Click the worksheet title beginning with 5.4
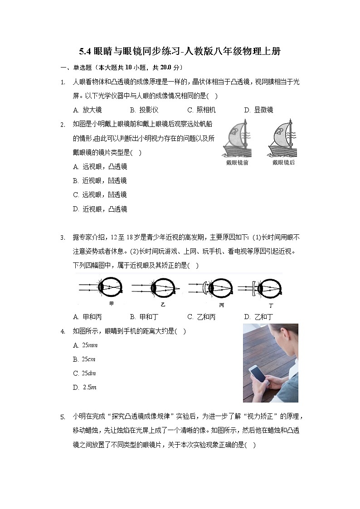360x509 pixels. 180,52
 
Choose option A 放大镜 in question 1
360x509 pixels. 87,110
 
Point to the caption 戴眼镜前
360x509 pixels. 237,162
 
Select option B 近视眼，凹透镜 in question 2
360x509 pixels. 100,180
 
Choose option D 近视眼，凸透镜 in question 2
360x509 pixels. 100,209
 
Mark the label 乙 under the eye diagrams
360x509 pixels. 163,305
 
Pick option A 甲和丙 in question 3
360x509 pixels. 87,317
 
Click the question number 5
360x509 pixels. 63,417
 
